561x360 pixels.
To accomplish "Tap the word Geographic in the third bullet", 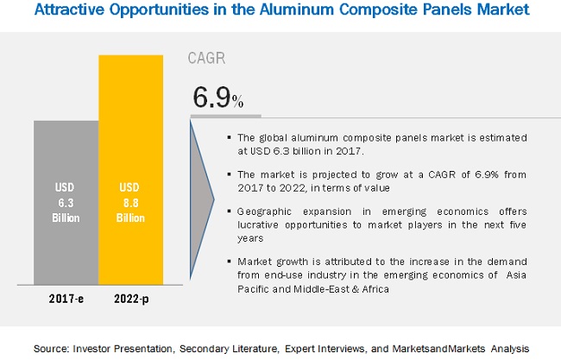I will click(263, 211).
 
